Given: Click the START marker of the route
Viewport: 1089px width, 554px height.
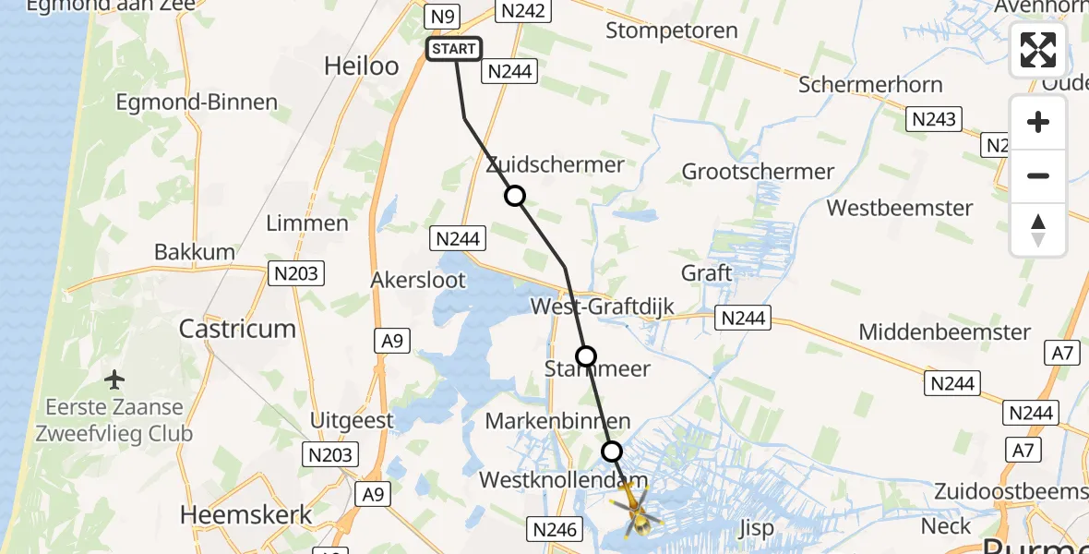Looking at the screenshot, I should point(454,49).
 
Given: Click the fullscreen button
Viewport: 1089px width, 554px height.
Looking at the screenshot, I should point(1038,50).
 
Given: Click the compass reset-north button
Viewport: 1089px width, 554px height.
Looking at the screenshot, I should point(1038,230).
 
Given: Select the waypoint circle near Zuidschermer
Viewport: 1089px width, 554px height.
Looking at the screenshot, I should point(515,196).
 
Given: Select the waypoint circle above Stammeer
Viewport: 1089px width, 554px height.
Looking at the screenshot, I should point(586,355).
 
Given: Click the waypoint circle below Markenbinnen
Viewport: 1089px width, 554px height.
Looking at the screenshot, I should point(612,452).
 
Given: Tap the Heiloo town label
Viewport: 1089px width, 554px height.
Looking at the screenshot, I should point(362,66).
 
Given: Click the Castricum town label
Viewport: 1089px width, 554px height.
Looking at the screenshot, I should point(237,329).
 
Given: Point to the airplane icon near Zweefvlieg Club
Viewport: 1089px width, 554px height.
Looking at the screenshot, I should point(115,379).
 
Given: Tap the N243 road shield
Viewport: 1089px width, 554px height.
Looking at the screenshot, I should point(934,118).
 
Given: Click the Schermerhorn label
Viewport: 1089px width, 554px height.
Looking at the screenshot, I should point(870,85).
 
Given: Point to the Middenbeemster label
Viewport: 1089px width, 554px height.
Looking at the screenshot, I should point(944,332).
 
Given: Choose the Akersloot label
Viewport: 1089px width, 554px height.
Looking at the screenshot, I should point(418,280).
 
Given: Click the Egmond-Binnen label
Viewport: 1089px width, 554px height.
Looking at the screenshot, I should point(197,102).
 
